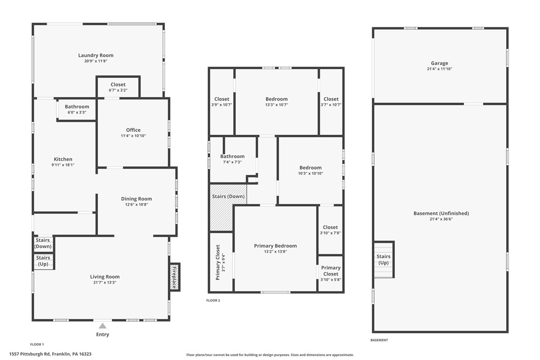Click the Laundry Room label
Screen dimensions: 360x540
[95, 55]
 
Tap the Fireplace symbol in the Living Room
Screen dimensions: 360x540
[175, 277]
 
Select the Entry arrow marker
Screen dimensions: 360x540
[102, 326]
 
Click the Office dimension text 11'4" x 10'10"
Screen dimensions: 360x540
[133, 136]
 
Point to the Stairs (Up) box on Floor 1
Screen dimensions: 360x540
[43, 261]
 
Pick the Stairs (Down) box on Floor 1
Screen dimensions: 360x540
[43, 243]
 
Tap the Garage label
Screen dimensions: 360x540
[439, 63]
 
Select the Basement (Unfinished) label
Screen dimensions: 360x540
[441, 213]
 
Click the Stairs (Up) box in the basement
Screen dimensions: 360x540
[383, 259]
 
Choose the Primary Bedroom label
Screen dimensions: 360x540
[275, 246]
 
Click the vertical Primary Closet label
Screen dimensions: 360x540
[218, 262]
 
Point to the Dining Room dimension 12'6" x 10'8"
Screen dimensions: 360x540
[136, 204]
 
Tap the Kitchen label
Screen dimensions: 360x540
[63, 159]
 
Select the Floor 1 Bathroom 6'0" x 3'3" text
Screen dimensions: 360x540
[77, 112]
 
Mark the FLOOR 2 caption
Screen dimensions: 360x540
[213, 300]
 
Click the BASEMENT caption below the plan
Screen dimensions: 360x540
[379, 340]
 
